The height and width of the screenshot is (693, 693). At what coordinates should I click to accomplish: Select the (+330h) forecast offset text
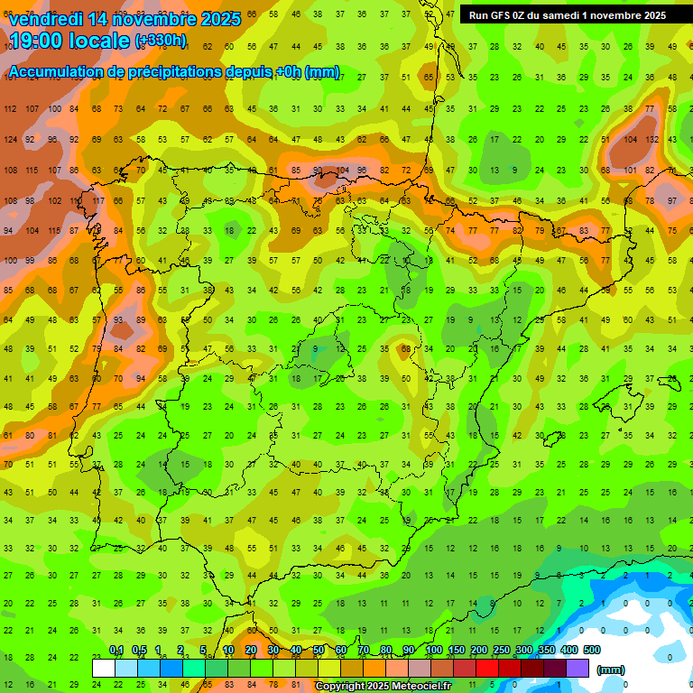point(161,41)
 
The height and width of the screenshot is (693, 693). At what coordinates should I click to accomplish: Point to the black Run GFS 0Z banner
point(567,15)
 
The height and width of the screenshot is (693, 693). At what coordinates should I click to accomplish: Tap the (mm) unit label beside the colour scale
point(611,670)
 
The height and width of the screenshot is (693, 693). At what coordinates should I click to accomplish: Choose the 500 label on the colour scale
point(591,651)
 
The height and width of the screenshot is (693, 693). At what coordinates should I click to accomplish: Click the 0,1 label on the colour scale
point(116,651)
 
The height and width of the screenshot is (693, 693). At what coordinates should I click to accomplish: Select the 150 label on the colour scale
point(456,651)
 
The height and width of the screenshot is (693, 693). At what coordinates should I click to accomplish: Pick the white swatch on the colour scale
point(104,668)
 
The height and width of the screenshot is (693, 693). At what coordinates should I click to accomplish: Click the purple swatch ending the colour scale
point(577,668)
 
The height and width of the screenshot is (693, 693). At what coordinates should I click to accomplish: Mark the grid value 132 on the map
point(651,140)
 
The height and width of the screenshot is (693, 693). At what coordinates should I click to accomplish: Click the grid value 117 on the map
point(97,200)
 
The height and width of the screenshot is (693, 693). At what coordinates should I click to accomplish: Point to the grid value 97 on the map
point(672,200)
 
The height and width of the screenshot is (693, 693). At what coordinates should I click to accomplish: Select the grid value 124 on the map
point(10,140)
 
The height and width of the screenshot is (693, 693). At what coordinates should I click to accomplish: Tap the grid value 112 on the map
point(10,109)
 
